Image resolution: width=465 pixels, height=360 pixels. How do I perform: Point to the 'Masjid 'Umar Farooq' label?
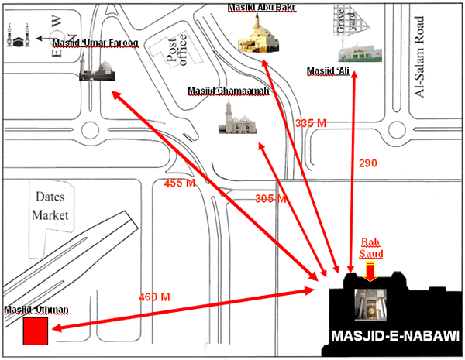95,43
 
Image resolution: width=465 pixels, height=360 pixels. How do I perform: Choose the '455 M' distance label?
180,183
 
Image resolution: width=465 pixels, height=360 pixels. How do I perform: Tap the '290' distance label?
369,164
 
